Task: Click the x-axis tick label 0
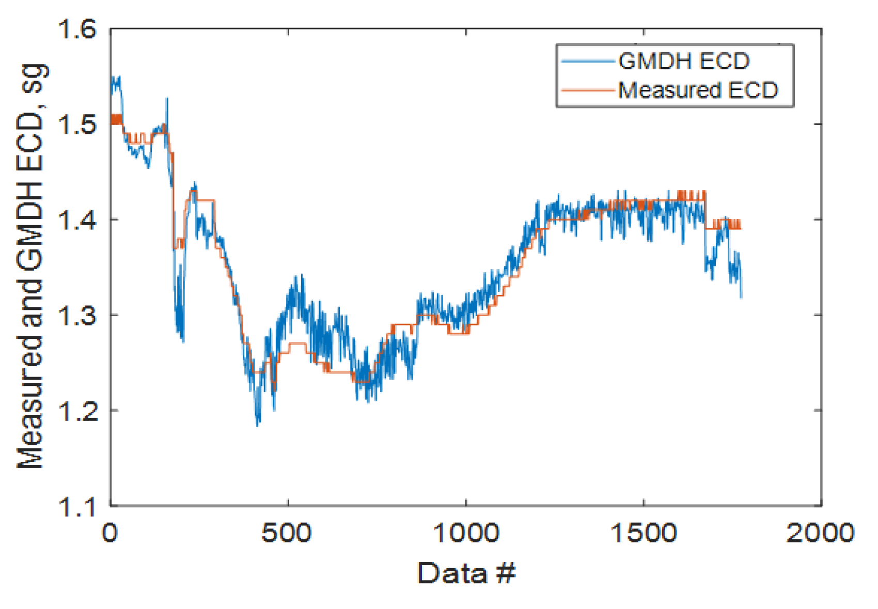110,533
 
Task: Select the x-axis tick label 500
287,533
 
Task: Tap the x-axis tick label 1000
465,533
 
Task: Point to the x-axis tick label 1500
644,533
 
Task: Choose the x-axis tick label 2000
821,533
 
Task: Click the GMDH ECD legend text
684,61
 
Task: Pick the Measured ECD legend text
698,90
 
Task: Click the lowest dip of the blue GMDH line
258,425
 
